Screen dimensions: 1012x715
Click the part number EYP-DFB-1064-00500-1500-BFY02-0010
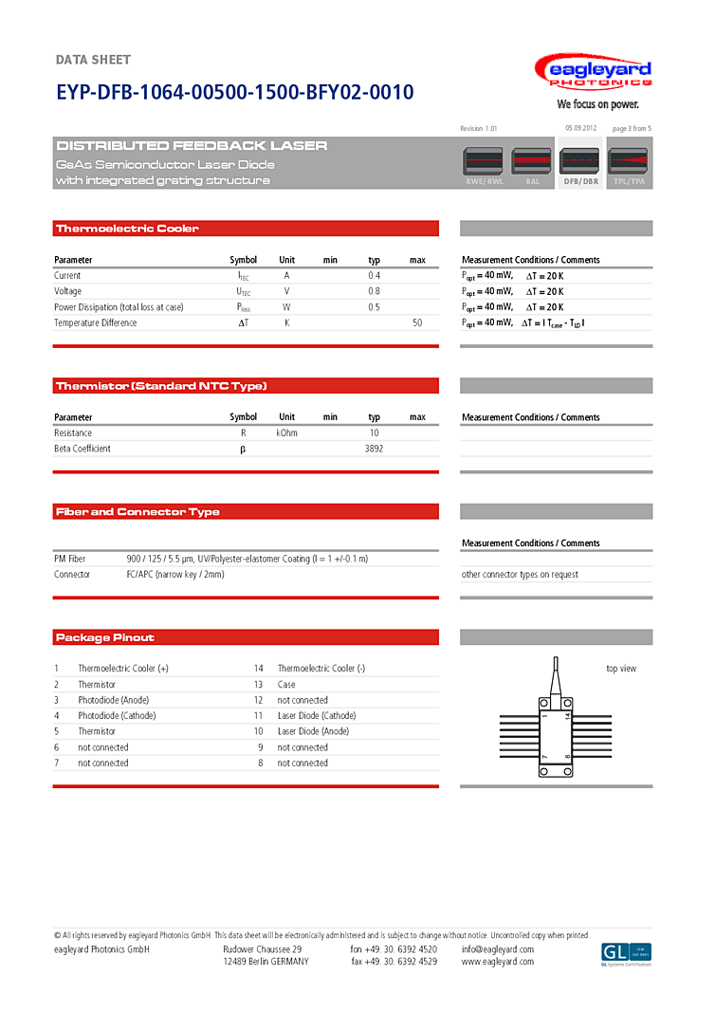234,93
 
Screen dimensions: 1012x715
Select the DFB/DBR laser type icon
580,165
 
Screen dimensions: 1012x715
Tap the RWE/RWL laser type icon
484,165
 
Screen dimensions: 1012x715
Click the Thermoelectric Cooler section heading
127,229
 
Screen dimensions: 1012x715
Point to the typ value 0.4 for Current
374,276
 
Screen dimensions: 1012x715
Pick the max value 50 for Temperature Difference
417,323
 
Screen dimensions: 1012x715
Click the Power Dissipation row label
119,307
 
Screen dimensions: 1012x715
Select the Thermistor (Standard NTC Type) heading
161,386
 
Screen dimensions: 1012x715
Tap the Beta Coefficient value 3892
374,449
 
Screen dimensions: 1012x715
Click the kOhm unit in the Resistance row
286,433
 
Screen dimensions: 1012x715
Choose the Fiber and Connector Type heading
137,512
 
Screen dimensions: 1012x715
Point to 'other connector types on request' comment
520,575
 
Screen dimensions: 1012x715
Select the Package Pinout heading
104,637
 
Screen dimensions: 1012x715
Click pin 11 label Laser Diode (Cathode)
317,716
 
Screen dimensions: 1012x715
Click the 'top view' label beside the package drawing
621,669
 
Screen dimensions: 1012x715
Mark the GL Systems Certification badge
626,954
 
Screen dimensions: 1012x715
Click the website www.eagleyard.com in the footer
498,962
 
